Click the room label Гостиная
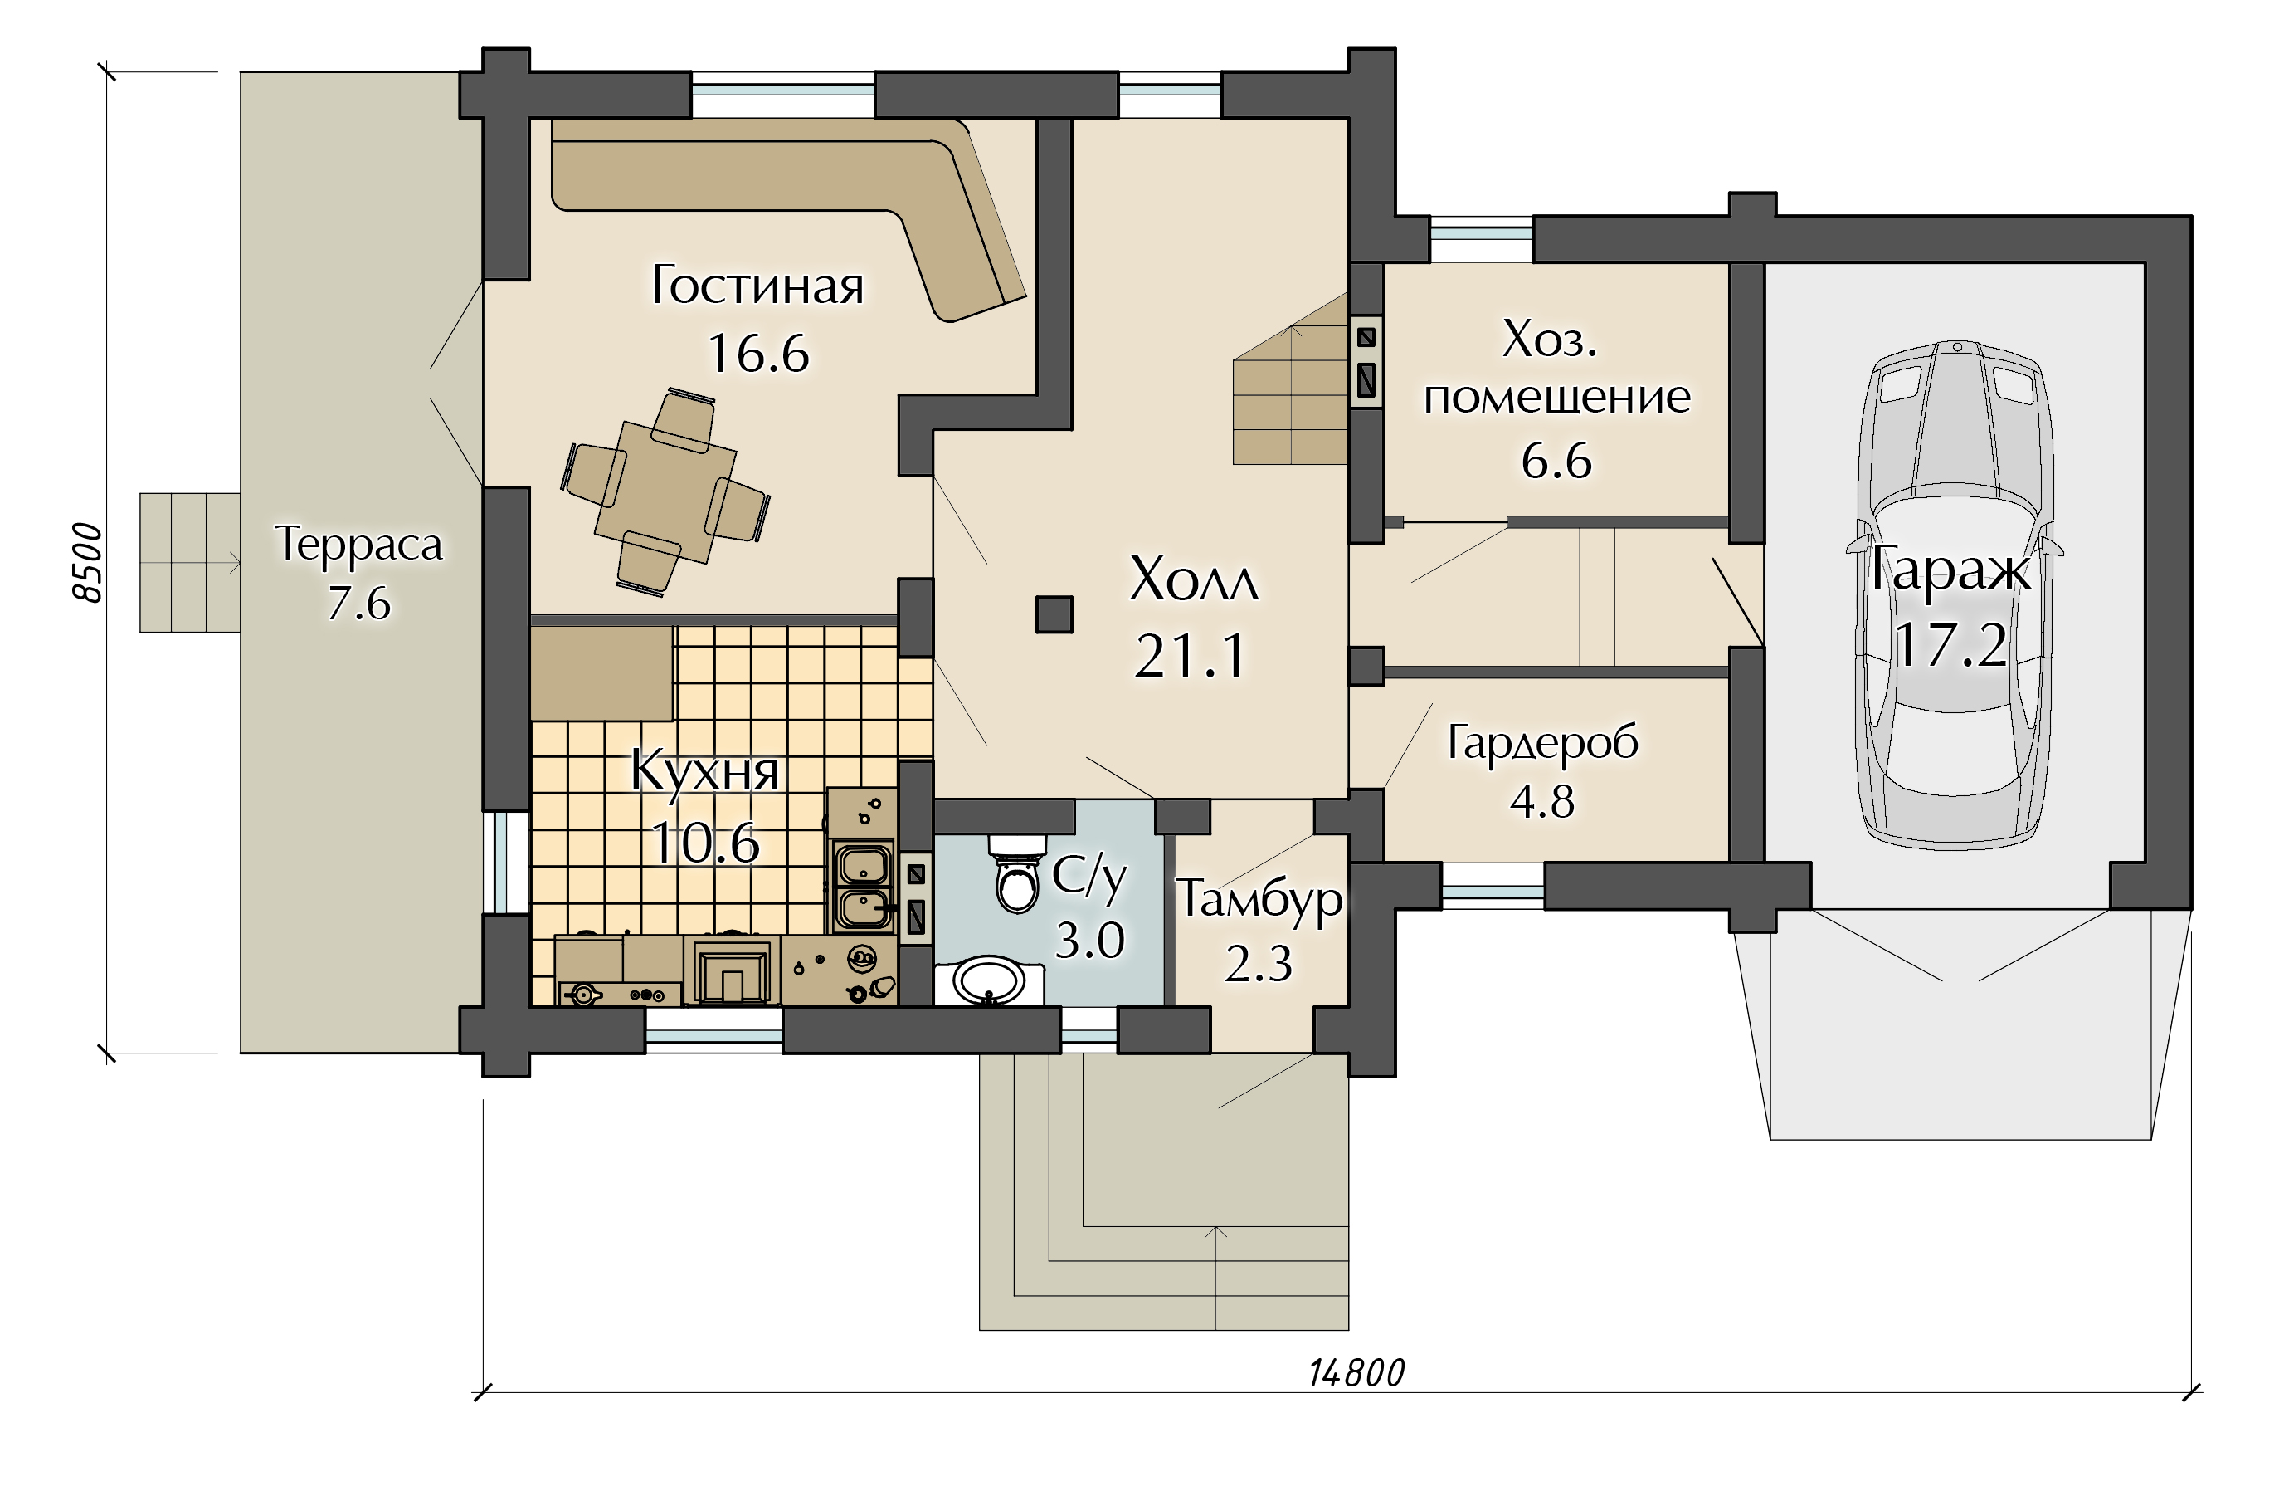pyautogui.click(x=757, y=285)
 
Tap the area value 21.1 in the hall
pyautogui.click(x=1190, y=656)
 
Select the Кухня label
pyautogui.click(x=704, y=771)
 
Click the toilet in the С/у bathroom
pyautogui.click(x=1017, y=873)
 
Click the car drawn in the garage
pyautogui.click(x=1955, y=594)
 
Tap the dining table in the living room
pyautogui.click(x=666, y=492)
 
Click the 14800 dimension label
pyautogui.click(x=1356, y=1374)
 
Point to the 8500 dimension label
pyautogui.click(x=87, y=563)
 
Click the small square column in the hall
pyautogui.click(x=1054, y=614)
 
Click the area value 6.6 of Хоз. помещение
pyautogui.click(x=1556, y=461)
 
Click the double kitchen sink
pyautogui.click(x=863, y=885)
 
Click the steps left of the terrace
pyautogui.click(x=190, y=563)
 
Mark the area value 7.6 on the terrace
pyautogui.click(x=359, y=604)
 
